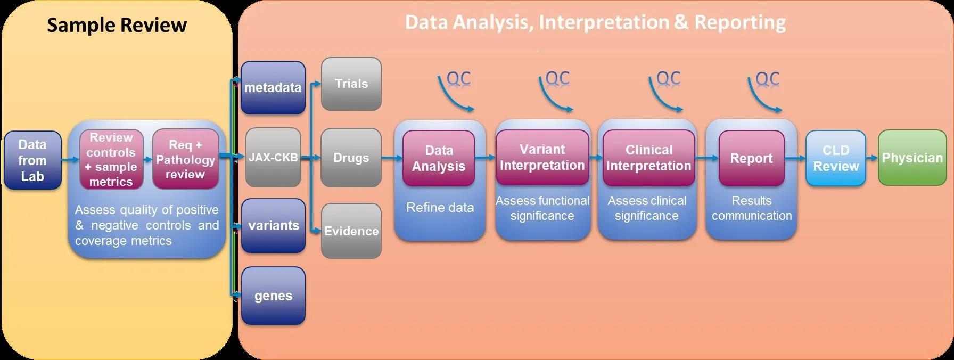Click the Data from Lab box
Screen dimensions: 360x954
click(x=32, y=160)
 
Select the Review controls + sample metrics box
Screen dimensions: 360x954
click(x=111, y=159)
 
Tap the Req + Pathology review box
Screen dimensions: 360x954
click(x=185, y=159)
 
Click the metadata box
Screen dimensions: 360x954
click(x=273, y=88)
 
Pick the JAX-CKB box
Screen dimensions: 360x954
click(x=273, y=158)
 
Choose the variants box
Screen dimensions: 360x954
click(x=273, y=226)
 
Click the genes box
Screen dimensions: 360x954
click(x=273, y=296)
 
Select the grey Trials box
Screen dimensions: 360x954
click(x=351, y=84)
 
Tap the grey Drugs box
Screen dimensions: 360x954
click(x=351, y=158)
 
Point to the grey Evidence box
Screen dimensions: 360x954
click(x=351, y=231)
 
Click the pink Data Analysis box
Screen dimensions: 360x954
click(x=439, y=158)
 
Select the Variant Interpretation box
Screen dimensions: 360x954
click(x=542, y=158)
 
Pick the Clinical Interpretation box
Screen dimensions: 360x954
click(x=648, y=158)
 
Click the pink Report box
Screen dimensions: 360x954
click(x=751, y=158)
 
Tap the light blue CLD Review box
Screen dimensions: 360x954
click(x=836, y=158)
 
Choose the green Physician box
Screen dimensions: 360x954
click(x=912, y=158)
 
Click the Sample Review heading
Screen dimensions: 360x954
click(x=117, y=25)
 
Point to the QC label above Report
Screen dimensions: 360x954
click(x=767, y=79)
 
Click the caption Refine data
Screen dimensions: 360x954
click(x=440, y=208)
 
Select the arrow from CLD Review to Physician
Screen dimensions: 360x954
click(x=871, y=158)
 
